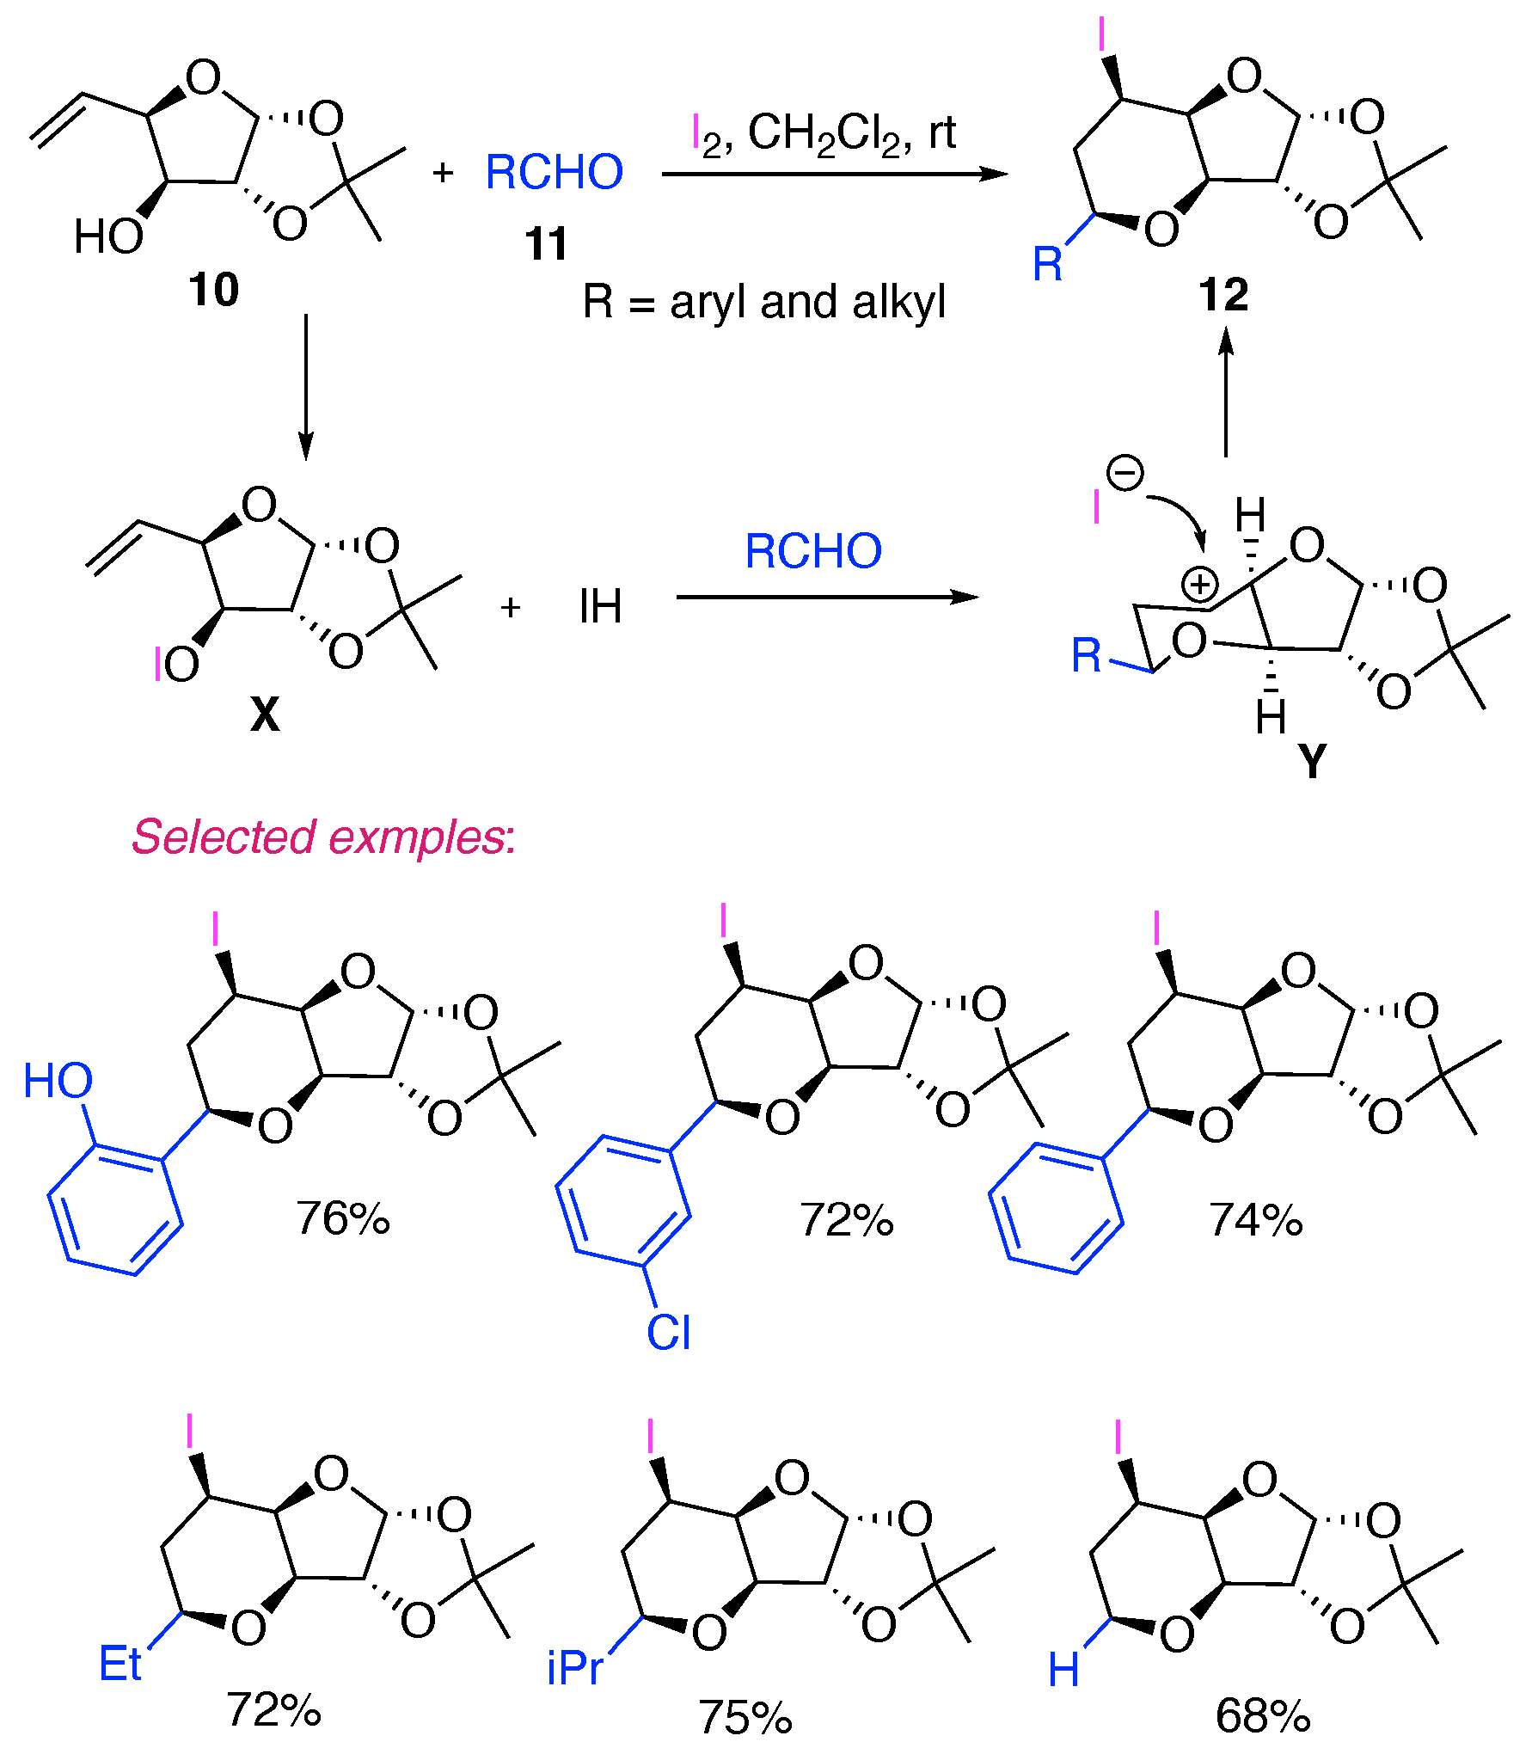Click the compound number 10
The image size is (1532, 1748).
pyautogui.click(x=213, y=290)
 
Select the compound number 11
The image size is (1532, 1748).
pyautogui.click(x=547, y=243)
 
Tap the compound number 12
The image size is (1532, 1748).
pyautogui.click(x=1223, y=295)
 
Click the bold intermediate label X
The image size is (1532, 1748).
pyautogui.click(x=265, y=713)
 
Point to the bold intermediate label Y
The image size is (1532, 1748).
pyautogui.click(x=1312, y=761)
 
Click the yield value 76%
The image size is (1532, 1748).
pyautogui.click(x=342, y=1218)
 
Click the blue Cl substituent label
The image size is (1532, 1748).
pyautogui.click(x=668, y=1333)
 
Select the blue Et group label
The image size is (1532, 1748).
pyautogui.click(x=119, y=1664)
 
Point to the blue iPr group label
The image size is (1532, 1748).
pyautogui.click(x=574, y=1669)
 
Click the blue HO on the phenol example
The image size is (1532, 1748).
pyautogui.click(x=58, y=1081)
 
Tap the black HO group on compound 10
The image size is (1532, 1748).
pyautogui.click(x=108, y=236)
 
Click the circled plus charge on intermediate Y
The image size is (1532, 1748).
pyautogui.click(x=1199, y=586)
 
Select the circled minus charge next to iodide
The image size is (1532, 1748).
pyautogui.click(x=1125, y=472)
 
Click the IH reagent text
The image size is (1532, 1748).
pyautogui.click(x=600, y=607)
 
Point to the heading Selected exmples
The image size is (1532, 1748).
pyautogui.click(x=323, y=837)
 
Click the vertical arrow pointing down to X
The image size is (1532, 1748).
pyautogui.click(x=305, y=387)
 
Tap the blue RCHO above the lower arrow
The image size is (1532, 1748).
pyautogui.click(x=812, y=551)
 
